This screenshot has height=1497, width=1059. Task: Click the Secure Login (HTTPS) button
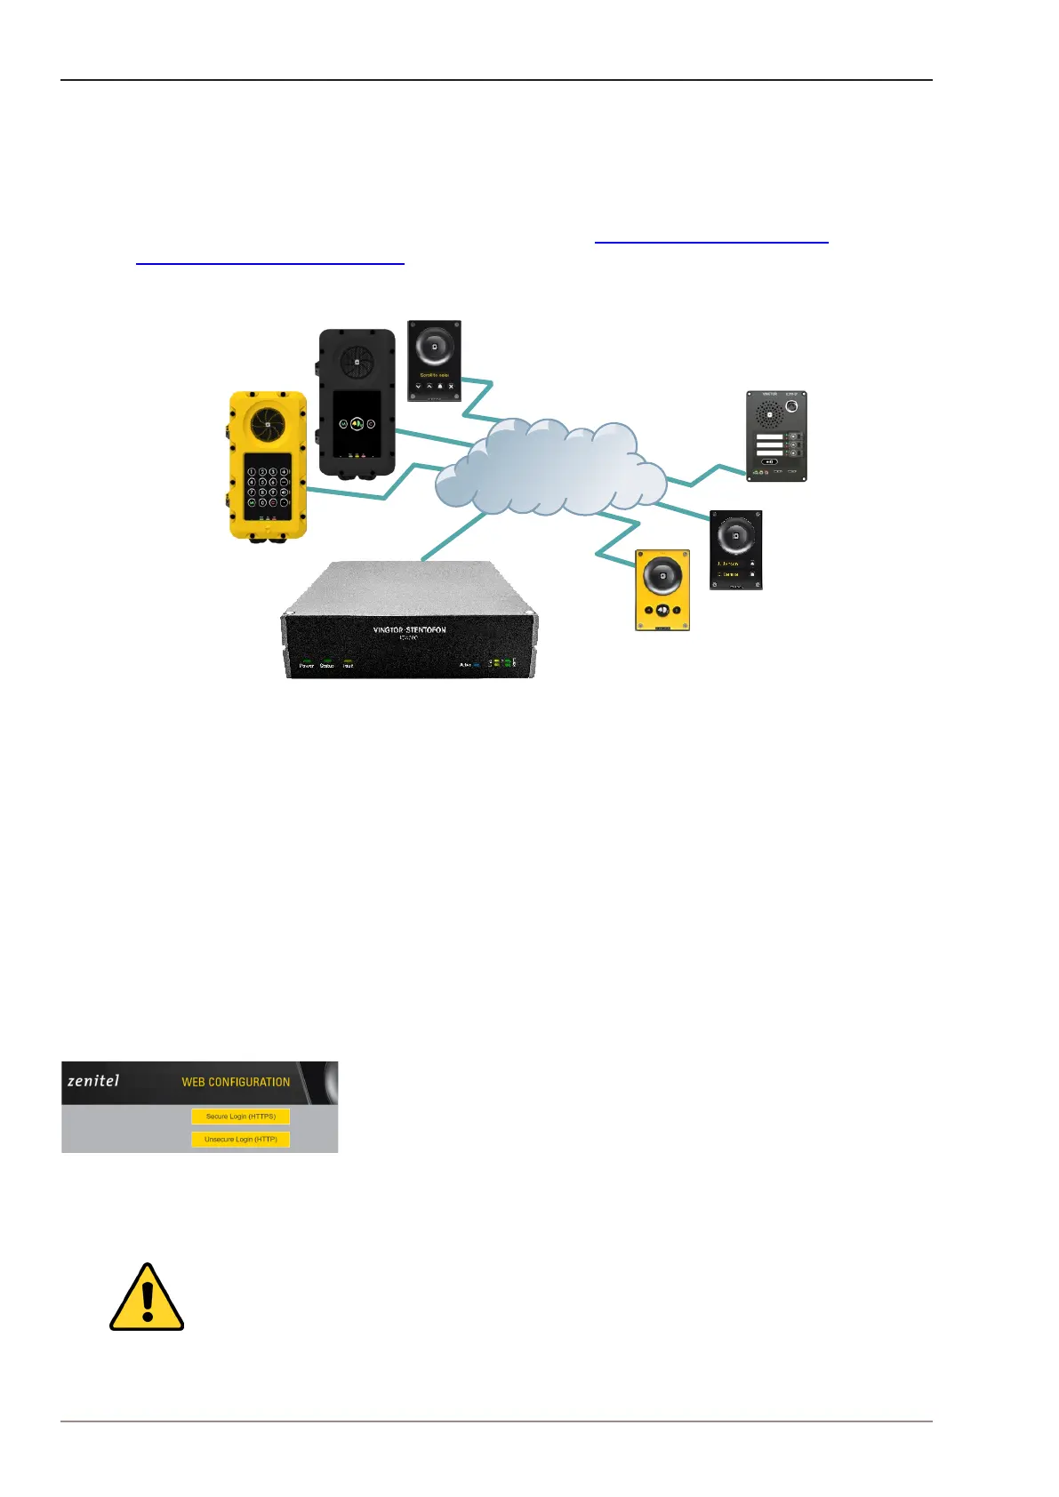click(x=240, y=1117)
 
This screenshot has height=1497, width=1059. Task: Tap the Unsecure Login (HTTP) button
click(x=240, y=1139)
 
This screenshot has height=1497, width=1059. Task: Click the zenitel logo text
click(x=93, y=1082)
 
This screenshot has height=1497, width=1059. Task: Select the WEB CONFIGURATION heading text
click(x=236, y=1082)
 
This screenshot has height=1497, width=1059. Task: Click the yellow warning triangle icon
click(x=147, y=1298)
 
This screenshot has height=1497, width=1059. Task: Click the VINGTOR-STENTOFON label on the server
click(x=409, y=629)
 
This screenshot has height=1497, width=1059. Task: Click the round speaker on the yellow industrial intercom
click(x=268, y=425)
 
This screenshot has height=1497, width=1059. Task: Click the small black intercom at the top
click(x=434, y=360)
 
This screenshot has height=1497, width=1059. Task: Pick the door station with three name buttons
click(x=776, y=436)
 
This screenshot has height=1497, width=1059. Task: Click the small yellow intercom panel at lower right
click(x=662, y=589)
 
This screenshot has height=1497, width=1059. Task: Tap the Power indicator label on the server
click(x=307, y=665)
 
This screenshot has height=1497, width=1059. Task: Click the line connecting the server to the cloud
click(x=453, y=538)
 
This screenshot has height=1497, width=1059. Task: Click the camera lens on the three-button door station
click(x=791, y=407)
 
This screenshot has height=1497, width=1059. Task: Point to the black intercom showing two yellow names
click(x=735, y=549)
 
